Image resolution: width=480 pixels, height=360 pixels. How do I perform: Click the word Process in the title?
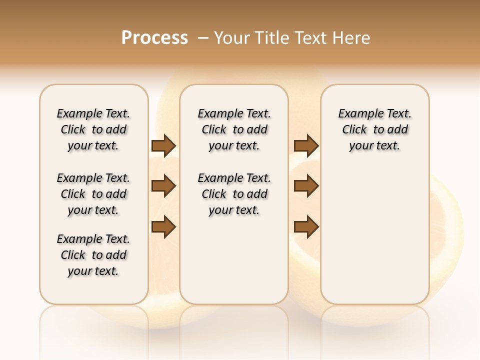pyautogui.click(x=154, y=38)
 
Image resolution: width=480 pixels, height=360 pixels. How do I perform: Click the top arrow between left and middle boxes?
pyautogui.click(x=163, y=146)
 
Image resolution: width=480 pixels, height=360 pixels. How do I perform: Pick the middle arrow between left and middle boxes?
pyautogui.click(x=163, y=186)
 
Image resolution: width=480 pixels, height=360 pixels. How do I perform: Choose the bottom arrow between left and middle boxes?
pyautogui.click(x=163, y=226)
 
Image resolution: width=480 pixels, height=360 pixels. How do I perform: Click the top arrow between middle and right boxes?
pyautogui.click(x=306, y=146)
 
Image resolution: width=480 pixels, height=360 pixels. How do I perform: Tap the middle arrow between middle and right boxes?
pyautogui.click(x=306, y=186)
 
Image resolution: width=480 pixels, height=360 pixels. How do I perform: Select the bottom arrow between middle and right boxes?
pyautogui.click(x=306, y=226)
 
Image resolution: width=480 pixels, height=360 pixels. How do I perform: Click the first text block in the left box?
pyautogui.click(x=93, y=129)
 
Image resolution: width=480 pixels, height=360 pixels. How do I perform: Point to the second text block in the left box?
pyautogui.click(x=93, y=194)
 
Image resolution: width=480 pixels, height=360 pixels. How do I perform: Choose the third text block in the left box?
pyautogui.click(x=93, y=255)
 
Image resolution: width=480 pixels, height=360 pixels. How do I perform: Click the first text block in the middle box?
pyautogui.click(x=234, y=129)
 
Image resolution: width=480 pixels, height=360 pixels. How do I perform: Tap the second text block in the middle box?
pyautogui.click(x=234, y=194)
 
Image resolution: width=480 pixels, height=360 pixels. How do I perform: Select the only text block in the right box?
pyautogui.click(x=374, y=129)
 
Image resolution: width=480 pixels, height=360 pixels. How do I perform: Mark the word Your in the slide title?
pyautogui.click(x=232, y=38)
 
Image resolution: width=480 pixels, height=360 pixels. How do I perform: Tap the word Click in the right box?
pyautogui.click(x=354, y=130)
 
